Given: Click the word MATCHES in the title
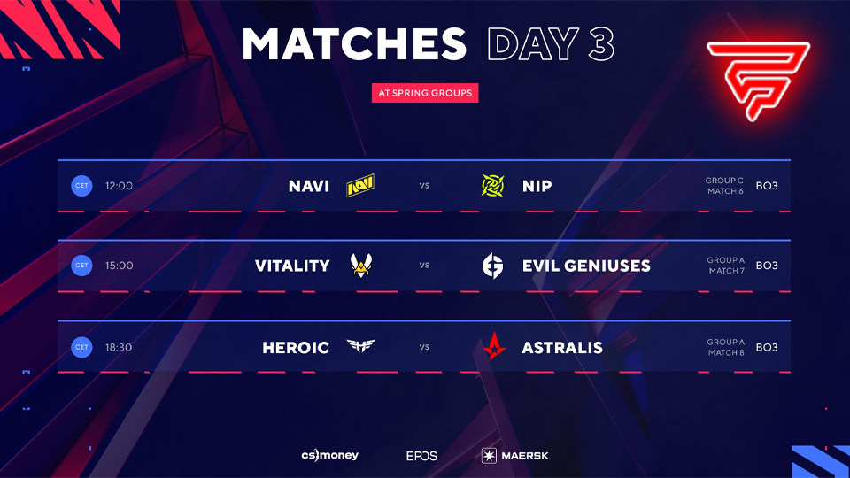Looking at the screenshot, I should [x=353, y=44].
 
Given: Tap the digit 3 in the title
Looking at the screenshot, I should [x=601, y=44].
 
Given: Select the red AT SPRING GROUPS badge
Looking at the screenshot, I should [x=425, y=92].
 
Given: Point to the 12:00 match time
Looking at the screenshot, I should [x=119, y=186].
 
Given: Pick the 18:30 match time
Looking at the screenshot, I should [x=119, y=347].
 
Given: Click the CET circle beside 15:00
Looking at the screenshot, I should [x=81, y=266].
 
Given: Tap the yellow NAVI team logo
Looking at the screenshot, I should [x=360, y=186].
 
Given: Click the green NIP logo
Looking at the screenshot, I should [x=492, y=186].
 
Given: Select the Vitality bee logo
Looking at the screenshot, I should [x=360, y=265].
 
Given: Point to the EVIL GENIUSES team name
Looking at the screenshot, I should [x=586, y=266].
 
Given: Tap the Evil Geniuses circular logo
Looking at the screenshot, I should [x=492, y=266].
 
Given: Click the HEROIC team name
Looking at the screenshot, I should [x=296, y=347].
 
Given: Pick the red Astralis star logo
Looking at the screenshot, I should [x=492, y=346].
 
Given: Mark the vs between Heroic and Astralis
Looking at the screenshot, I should [x=425, y=347].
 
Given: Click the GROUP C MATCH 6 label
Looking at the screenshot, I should [x=724, y=186].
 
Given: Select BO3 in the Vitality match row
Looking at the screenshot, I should [x=767, y=266].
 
